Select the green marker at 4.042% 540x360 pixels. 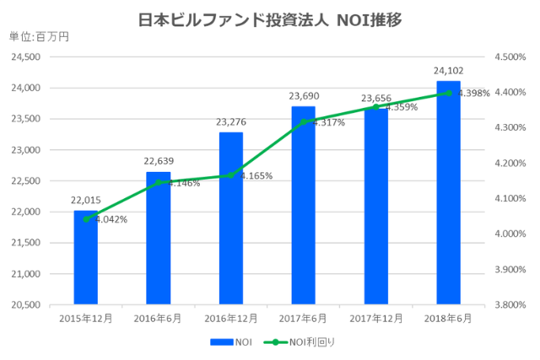tap(85, 218)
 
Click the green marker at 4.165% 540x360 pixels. tap(230, 175)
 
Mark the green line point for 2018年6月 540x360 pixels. tap(448, 93)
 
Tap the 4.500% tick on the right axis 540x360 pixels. tap(510, 57)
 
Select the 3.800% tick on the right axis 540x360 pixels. tap(510, 304)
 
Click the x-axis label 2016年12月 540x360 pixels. tap(230, 319)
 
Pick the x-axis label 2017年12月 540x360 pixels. tap(375, 319)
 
